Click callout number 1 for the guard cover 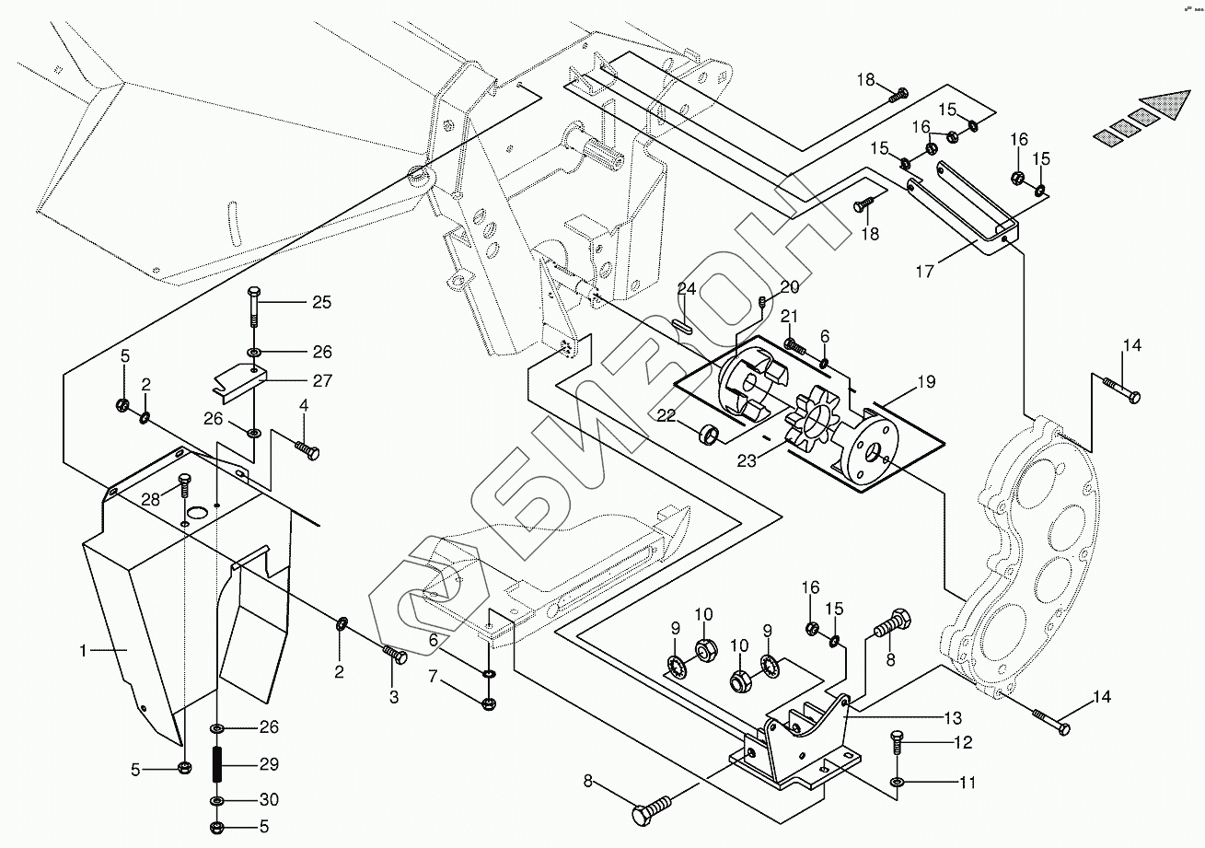(x=83, y=651)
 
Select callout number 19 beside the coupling (x=925, y=381)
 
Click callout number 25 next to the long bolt (x=320, y=302)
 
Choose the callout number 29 (x=268, y=764)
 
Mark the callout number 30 (x=268, y=799)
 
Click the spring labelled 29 (x=219, y=763)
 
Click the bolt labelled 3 (x=396, y=655)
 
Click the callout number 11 (x=967, y=784)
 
